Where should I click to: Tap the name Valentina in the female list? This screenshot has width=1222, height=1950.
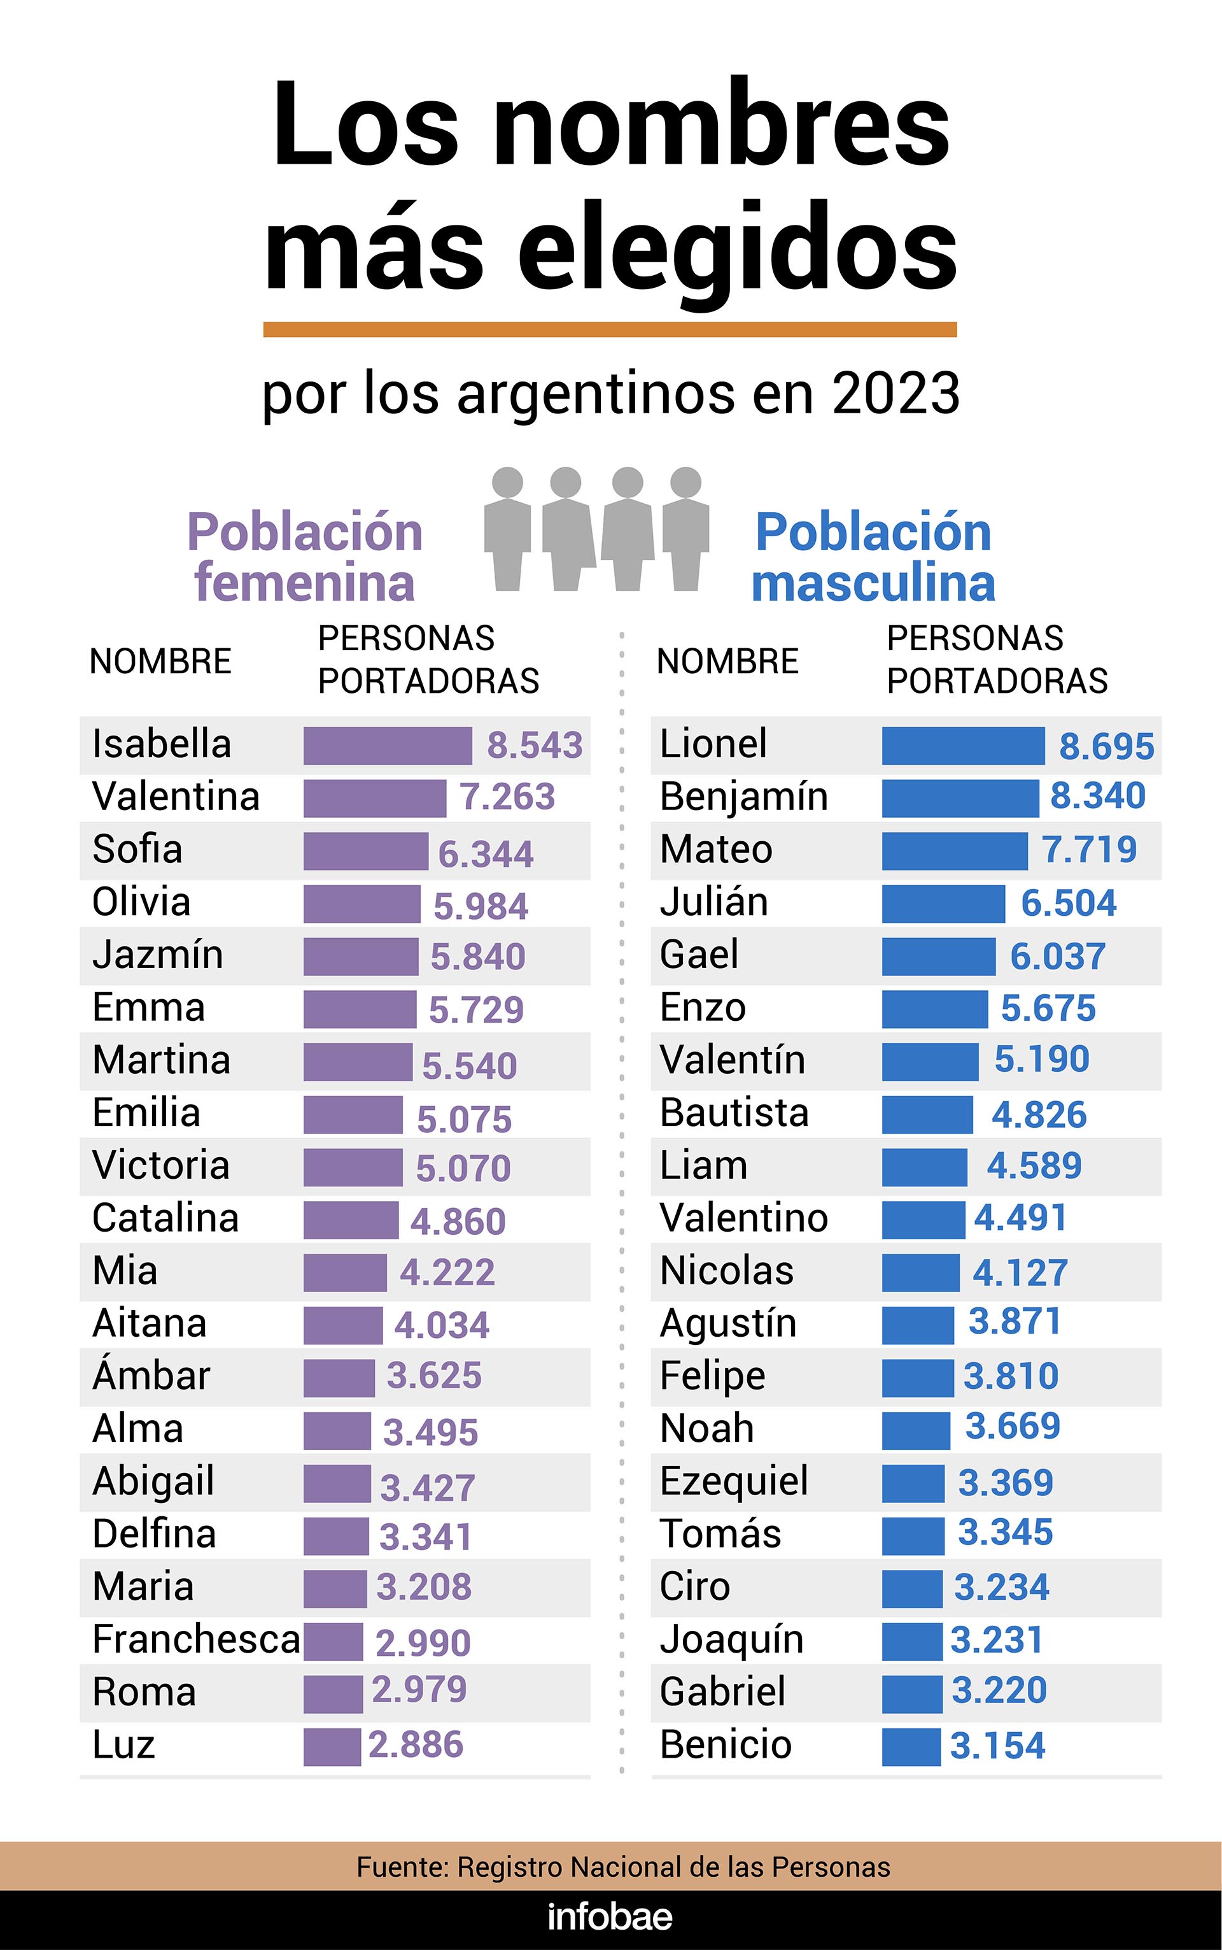[176, 796]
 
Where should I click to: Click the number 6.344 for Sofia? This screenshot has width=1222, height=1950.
[485, 854]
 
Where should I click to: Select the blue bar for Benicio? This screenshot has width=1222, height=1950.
[911, 1746]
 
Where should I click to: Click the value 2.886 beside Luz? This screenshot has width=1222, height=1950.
[416, 1745]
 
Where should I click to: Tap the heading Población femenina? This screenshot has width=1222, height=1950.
[305, 557]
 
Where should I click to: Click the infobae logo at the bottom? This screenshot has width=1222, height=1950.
[610, 1917]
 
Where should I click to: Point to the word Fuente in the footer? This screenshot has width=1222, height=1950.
[402, 1868]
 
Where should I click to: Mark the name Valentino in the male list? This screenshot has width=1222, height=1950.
[743, 1218]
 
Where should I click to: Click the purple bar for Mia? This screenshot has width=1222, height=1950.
[345, 1272]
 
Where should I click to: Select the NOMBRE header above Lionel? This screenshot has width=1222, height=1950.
[727, 661]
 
